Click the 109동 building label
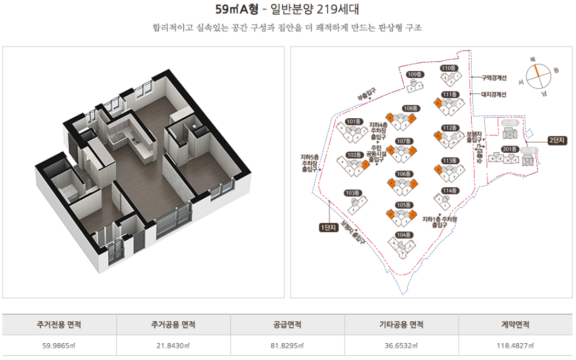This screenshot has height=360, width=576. coord(415,74)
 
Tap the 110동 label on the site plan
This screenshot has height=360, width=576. coord(449,68)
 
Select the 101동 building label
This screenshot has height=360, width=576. coord(354,121)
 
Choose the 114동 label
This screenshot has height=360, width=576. coord(449,190)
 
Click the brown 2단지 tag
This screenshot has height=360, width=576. coord(556,140)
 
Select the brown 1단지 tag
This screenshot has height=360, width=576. coord(328,227)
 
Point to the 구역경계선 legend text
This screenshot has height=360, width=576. coord(494,78)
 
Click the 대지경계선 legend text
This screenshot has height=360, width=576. coord(494,95)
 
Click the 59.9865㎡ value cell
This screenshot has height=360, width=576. coord(59,346)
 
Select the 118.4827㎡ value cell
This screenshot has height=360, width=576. coord(516,346)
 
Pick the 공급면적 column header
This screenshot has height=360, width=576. coord(287,325)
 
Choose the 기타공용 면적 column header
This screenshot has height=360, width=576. coord(401,325)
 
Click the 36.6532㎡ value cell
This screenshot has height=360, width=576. coord(401,346)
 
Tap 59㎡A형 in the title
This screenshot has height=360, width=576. coord(237,9)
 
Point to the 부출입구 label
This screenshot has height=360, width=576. coord(367,94)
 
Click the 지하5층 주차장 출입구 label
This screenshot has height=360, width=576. coord(308,163)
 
